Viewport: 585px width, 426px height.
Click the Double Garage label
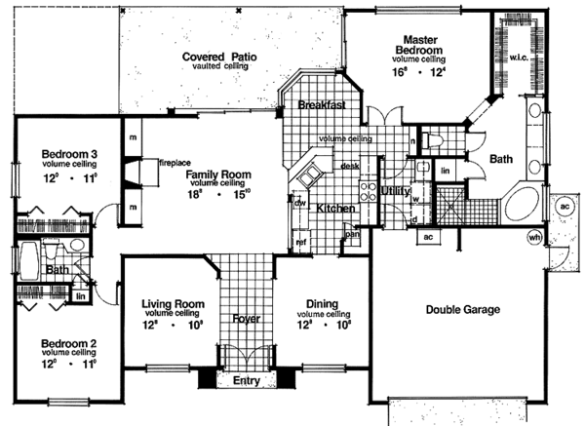pos(462,310)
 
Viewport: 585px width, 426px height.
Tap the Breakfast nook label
pos(323,104)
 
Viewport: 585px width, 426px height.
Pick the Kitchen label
pos(333,209)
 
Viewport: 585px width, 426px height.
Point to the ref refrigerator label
pos(301,241)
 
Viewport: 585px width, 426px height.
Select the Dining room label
pos(321,303)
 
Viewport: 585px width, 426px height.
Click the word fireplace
pos(174,162)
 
